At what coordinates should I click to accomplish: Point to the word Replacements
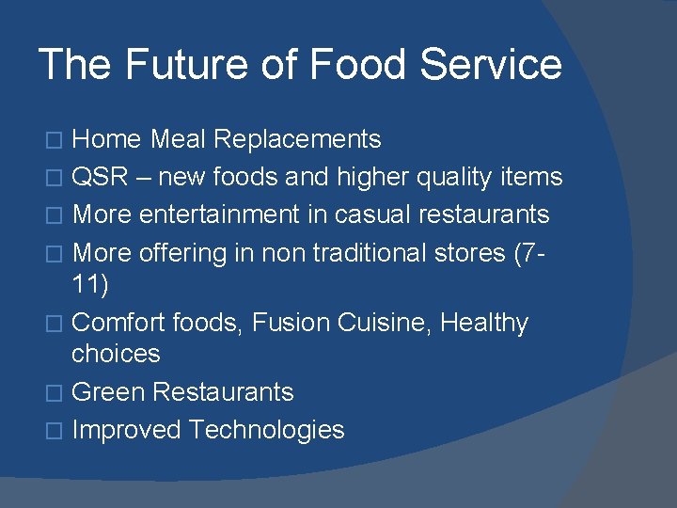click(297, 139)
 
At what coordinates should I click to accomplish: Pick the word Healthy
click(484, 323)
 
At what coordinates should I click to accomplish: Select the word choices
click(116, 354)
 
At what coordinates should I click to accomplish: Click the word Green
click(108, 391)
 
